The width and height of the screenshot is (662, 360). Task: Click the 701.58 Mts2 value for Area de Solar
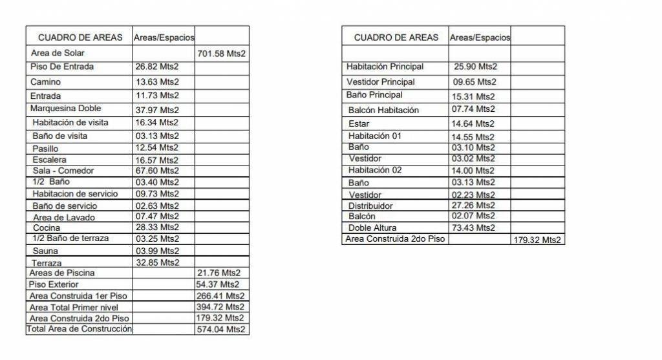[x=220, y=54]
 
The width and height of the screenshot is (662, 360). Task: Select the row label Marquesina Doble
[x=65, y=109]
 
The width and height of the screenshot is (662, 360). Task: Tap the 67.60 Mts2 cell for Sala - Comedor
[x=157, y=171]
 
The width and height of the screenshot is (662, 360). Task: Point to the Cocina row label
[x=46, y=228]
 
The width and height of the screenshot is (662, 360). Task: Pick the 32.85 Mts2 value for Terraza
[x=157, y=262]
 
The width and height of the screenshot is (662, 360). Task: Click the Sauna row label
[x=45, y=251]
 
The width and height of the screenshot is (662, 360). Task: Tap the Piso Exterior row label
[x=54, y=284]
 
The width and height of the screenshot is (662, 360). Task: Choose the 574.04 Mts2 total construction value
[x=220, y=330]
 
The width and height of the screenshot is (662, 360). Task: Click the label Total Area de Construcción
[x=79, y=330]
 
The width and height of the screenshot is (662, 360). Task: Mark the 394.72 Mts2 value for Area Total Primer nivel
[x=220, y=306]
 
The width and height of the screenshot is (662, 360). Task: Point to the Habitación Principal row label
[x=385, y=67]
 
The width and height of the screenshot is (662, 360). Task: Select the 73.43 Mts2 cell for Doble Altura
[x=474, y=228]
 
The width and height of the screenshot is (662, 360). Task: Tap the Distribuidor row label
[x=370, y=206]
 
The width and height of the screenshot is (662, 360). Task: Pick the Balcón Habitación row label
[x=383, y=111]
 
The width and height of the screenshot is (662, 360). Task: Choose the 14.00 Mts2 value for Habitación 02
[x=474, y=171]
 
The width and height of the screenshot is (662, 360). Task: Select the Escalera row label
[x=49, y=160]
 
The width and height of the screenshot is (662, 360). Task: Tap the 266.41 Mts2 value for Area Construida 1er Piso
[x=220, y=295]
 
